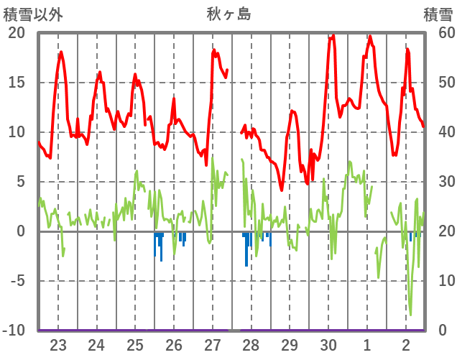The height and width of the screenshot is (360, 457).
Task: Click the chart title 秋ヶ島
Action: (x=228, y=14)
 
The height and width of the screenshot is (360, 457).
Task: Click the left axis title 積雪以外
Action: (x=32, y=14)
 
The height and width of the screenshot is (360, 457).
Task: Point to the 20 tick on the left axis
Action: (x=16, y=33)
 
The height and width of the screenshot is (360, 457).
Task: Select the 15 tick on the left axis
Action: (x=16, y=83)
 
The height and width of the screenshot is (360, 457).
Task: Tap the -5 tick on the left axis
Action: (x=16, y=281)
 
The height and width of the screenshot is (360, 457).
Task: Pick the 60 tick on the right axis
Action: (x=440, y=33)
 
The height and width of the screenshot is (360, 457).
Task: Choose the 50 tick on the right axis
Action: (x=440, y=83)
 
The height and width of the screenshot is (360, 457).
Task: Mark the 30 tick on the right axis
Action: (x=440, y=182)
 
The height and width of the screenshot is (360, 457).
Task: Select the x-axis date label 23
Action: (x=58, y=344)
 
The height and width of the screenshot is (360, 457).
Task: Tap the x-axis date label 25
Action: (x=135, y=344)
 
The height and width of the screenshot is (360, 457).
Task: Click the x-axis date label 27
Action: (x=213, y=344)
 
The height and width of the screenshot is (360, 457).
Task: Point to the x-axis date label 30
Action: (x=328, y=344)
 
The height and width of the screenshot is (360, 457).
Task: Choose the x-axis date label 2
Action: (x=406, y=344)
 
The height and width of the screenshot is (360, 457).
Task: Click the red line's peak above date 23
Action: (x=61, y=52)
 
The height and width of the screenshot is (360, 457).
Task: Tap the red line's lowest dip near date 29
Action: (x=282, y=190)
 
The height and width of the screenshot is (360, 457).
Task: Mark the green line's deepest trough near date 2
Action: (x=410, y=315)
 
